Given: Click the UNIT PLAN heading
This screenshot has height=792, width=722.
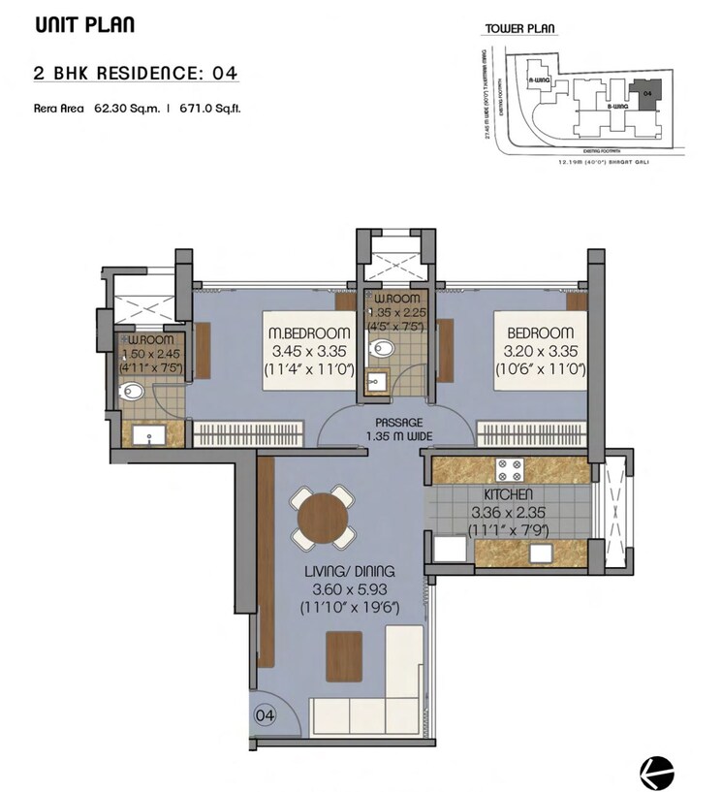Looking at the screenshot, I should pyautogui.click(x=84, y=25).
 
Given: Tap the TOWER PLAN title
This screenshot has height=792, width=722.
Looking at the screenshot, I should pyautogui.click(x=518, y=30).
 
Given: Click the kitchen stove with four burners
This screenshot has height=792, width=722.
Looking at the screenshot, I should pyautogui.click(x=511, y=471).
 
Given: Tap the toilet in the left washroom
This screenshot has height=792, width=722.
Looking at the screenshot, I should pyautogui.click(x=131, y=392).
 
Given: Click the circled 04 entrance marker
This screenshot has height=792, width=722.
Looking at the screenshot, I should pyautogui.click(x=265, y=715).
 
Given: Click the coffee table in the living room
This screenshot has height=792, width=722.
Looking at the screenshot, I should pyautogui.click(x=344, y=656).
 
